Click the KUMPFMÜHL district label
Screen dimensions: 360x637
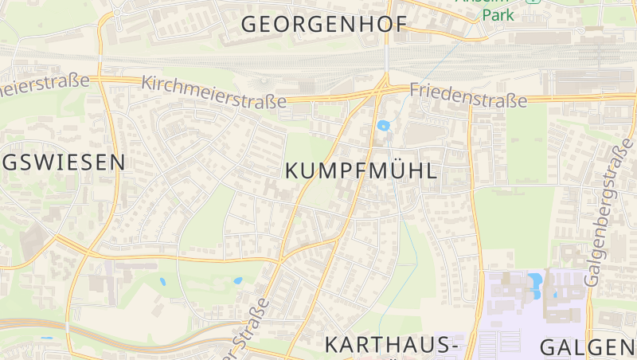(361, 170)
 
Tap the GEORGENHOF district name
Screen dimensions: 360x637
(323, 24)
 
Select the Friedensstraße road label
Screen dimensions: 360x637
(468, 96)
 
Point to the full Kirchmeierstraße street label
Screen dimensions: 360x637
(213, 92)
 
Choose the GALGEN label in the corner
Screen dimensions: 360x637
(588, 347)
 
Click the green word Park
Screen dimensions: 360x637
(499, 15)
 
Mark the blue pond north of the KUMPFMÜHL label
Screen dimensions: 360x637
(384, 125)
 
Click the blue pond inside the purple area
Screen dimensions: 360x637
(534, 280)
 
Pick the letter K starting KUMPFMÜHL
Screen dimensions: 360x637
(292, 170)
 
